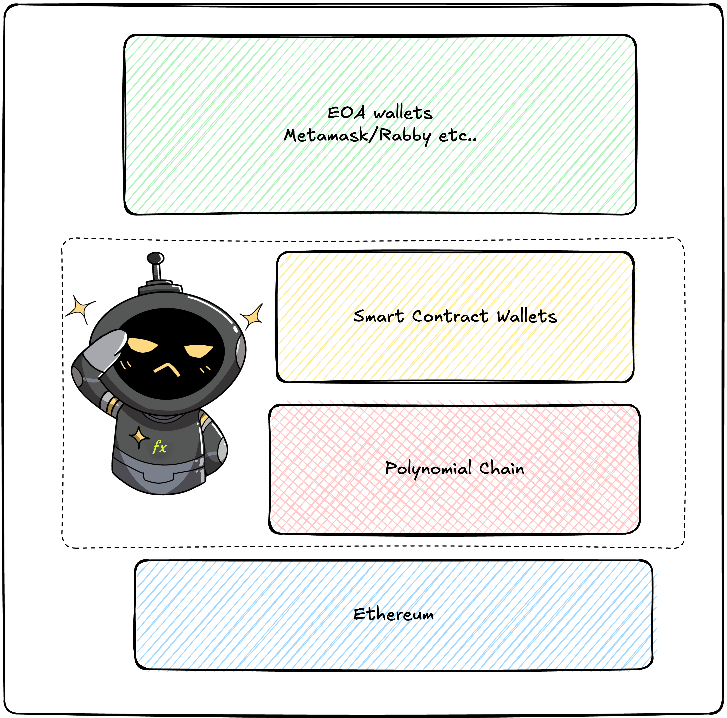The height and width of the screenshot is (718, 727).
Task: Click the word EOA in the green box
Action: click(x=346, y=113)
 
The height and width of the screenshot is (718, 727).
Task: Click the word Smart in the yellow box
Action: click(x=378, y=316)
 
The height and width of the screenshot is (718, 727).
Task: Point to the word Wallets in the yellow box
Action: click(x=527, y=316)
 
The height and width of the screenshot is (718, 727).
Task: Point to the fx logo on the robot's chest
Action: click(x=160, y=447)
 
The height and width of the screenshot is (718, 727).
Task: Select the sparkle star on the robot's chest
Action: click(x=139, y=437)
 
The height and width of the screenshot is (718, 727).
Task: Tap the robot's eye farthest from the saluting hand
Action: click(x=199, y=351)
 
